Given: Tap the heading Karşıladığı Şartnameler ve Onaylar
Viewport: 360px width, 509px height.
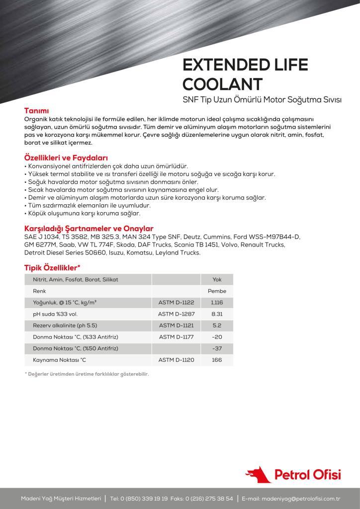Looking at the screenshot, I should coord(86,228).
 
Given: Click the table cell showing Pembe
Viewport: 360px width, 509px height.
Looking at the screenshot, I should coord(217,291).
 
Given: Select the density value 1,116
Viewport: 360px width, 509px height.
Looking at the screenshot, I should coord(217,302).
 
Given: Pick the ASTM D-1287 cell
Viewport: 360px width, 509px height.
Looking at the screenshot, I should coord(176,314).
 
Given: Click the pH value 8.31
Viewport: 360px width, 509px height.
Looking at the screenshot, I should coord(217,314).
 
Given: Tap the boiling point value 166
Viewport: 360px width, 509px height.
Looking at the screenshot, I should coord(217,359).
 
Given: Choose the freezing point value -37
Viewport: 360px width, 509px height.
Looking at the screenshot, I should coord(217,348).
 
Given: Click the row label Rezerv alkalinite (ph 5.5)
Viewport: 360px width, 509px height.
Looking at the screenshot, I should coord(65,325).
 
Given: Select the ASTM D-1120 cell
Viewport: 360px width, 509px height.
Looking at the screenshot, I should coord(176,359).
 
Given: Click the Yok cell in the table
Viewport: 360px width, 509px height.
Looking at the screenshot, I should coord(217,279).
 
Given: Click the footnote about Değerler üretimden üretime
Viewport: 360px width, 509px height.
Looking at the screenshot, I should coord(87,374).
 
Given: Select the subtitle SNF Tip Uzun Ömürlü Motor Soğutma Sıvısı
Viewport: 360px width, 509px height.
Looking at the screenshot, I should coord(262,99).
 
